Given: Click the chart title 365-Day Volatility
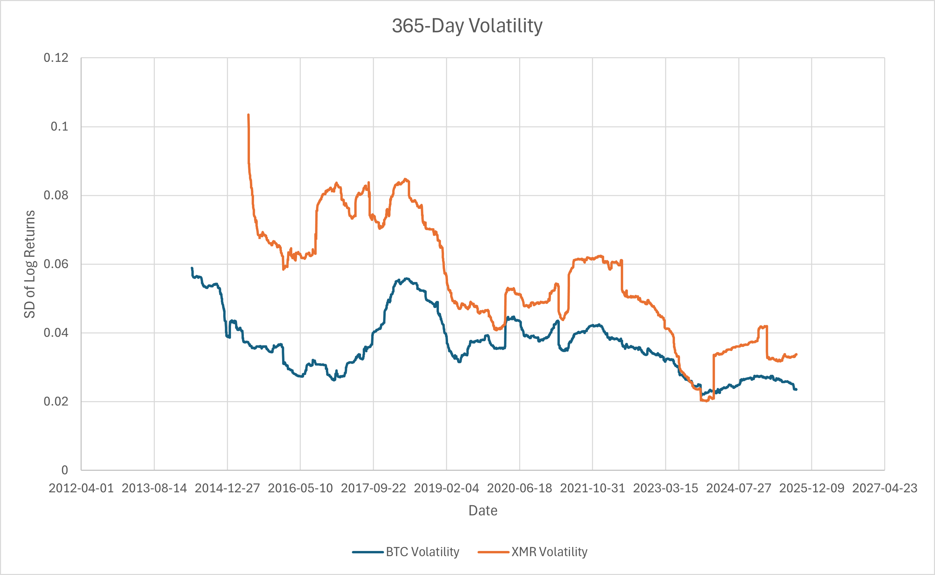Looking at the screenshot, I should (x=467, y=26).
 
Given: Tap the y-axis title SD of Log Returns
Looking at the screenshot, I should (x=30, y=264).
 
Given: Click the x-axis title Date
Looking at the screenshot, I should (x=483, y=510).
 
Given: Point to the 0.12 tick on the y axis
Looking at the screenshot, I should (x=56, y=58).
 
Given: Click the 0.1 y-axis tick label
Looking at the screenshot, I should (x=59, y=127).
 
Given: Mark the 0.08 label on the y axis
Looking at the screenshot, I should (x=56, y=196).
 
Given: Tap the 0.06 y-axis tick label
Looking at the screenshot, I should (x=56, y=264).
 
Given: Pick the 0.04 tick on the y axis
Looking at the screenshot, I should (x=56, y=333).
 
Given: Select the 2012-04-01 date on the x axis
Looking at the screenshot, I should (x=81, y=488).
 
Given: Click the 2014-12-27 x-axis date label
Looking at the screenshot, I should (x=227, y=488).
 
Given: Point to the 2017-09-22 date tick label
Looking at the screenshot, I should (x=373, y=488).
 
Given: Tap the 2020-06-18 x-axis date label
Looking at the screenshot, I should (x=519, y=488).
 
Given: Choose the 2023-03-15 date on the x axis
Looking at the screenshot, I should (x=665, y=488).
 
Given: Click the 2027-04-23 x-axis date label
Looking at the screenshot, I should (x=885, y=488).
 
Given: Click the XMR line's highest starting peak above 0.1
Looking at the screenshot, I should (x=248, y=114).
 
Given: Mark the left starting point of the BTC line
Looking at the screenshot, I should (x=192, y=268).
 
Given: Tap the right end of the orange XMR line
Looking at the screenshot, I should (x=796, y=354).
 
